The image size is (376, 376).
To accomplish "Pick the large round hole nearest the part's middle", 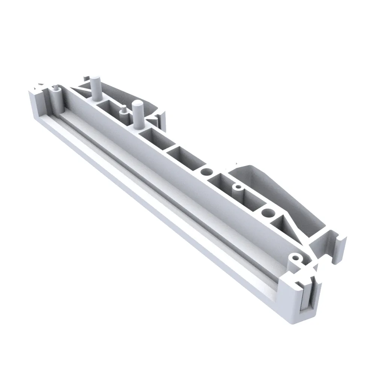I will [206, 172].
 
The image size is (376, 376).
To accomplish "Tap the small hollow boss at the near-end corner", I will [297, 259].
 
